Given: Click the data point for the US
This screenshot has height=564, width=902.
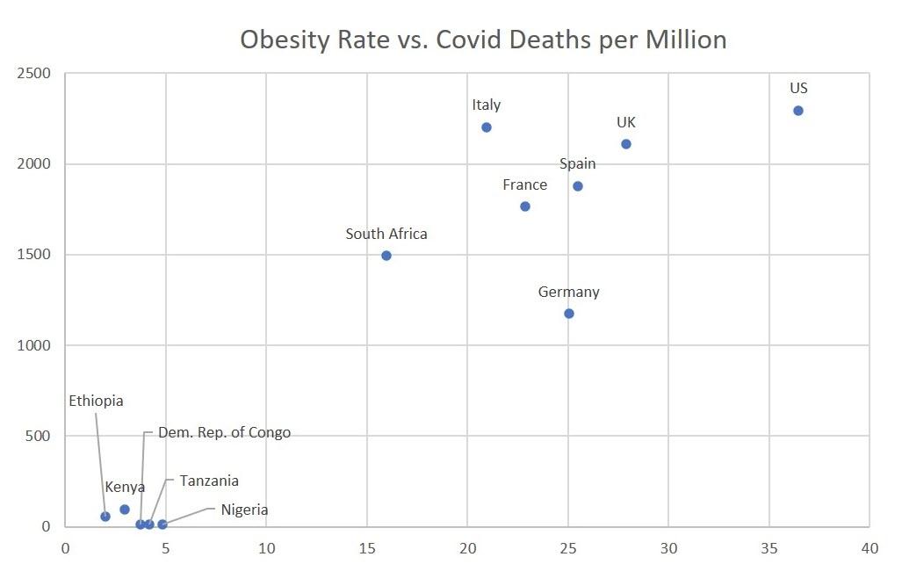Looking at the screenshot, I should tap(797, 111).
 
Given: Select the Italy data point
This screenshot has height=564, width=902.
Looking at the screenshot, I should tap(487, 127).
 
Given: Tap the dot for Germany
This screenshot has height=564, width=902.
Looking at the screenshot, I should tap(569, 314).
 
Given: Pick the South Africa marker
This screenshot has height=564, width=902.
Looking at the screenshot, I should tap(386, 256).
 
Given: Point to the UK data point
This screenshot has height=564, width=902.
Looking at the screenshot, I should tap(626, 144).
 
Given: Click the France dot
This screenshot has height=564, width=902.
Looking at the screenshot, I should tap(525, 206).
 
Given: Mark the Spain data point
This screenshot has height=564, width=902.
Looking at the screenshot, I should tap(578, 186).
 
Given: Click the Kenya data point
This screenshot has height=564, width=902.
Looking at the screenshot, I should tap(125, 510).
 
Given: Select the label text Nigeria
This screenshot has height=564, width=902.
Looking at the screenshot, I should tap(244, 510).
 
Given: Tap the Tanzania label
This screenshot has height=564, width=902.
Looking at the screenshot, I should tap(209, 481).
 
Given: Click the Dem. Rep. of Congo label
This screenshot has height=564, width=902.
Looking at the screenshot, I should tap(224, 433).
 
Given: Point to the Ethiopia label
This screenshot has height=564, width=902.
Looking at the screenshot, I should tap(97, 401).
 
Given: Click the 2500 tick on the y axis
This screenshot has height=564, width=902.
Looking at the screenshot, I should tap(33, 73).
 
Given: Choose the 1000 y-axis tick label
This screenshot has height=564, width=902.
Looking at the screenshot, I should tap(33, 345).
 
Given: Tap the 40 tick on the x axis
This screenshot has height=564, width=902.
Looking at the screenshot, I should tap(870, 546).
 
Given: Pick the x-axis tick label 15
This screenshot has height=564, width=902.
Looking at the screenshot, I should tap(366, 546).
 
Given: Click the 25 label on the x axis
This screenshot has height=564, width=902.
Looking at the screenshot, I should tap(567, 546).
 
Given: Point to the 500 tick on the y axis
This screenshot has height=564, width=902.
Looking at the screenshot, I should tap(37, 437).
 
